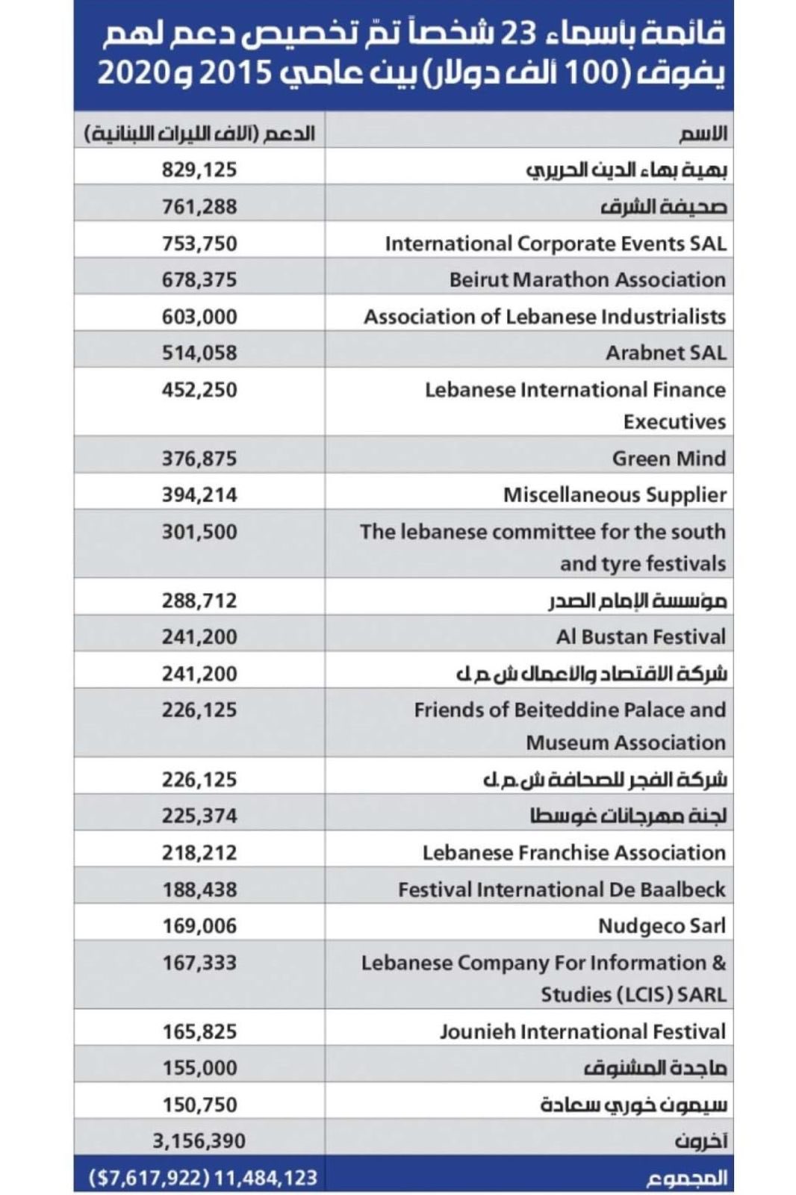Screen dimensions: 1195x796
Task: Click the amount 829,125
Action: coord(199,170)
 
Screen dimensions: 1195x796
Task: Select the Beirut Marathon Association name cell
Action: coord(587,280)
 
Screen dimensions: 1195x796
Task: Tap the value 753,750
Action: coord(199,243)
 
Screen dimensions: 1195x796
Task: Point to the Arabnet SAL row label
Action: coord(665,353)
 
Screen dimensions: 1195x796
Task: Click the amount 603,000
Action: coord(199,317)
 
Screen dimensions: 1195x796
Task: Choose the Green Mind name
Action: coord(668,459)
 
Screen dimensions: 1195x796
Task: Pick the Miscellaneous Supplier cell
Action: coord(614,495)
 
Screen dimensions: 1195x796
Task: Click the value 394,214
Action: coord(199,495)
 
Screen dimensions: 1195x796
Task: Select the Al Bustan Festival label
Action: coord(640,637)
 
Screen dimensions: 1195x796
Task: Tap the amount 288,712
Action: coord(199,600)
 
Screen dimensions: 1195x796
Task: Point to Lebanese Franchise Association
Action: coord(573,853)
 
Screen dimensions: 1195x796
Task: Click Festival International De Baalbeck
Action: coord(562,890)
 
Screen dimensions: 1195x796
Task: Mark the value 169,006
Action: coord(199,926)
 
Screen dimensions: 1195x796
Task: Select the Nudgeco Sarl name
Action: coord(662,926)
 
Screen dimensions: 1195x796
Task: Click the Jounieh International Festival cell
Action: coord(582,1032)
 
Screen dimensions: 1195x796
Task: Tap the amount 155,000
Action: coord(199,1068)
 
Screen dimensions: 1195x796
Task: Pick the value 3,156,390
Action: coord(199,1141)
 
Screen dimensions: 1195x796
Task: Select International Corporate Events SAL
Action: coord(556,243)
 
